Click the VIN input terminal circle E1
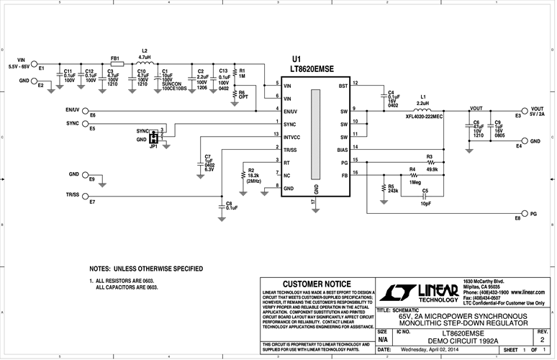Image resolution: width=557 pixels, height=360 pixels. click(34, 63)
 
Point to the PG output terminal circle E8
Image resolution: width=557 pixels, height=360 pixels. click(523, 213)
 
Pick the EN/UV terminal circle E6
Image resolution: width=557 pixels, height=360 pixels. click(86, 110)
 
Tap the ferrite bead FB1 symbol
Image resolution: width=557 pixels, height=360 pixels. click(116, 64)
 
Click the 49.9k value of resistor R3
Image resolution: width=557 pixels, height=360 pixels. click(433, 169)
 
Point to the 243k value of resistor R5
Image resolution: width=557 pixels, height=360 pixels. click(393, 191)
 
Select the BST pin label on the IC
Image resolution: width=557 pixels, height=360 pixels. click(343, 86)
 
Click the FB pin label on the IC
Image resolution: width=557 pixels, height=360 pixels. click(344, 175)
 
